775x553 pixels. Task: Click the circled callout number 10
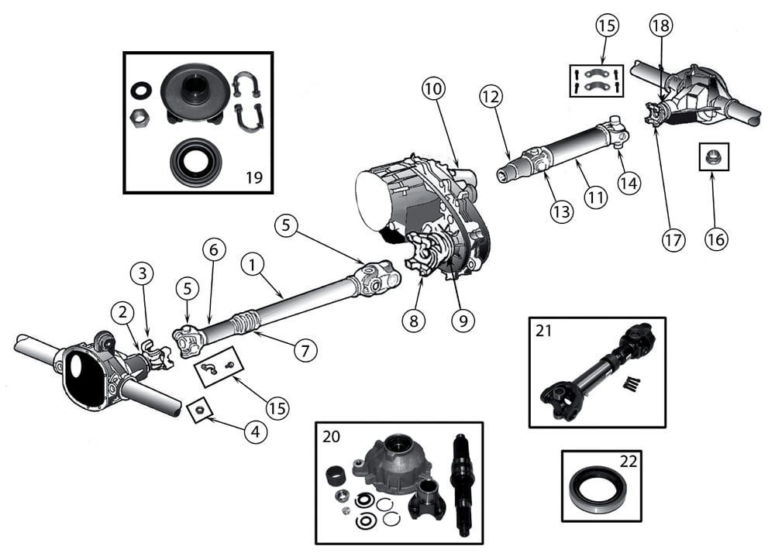pos(434,89)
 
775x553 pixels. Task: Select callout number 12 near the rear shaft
pos(491,96)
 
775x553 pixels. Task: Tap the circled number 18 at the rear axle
pos(661,26)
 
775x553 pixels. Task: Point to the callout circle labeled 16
pos(715,239)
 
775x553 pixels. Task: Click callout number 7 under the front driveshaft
pos(305,349)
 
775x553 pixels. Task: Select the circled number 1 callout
pos(252,263)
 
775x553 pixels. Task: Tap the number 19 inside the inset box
pos(253,177)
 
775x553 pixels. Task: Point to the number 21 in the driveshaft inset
pos(543,331)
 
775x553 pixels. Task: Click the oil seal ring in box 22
pos(594,486)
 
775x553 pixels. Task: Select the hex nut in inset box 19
pos(139,118)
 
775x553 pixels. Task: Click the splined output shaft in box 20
pos(463,482)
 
